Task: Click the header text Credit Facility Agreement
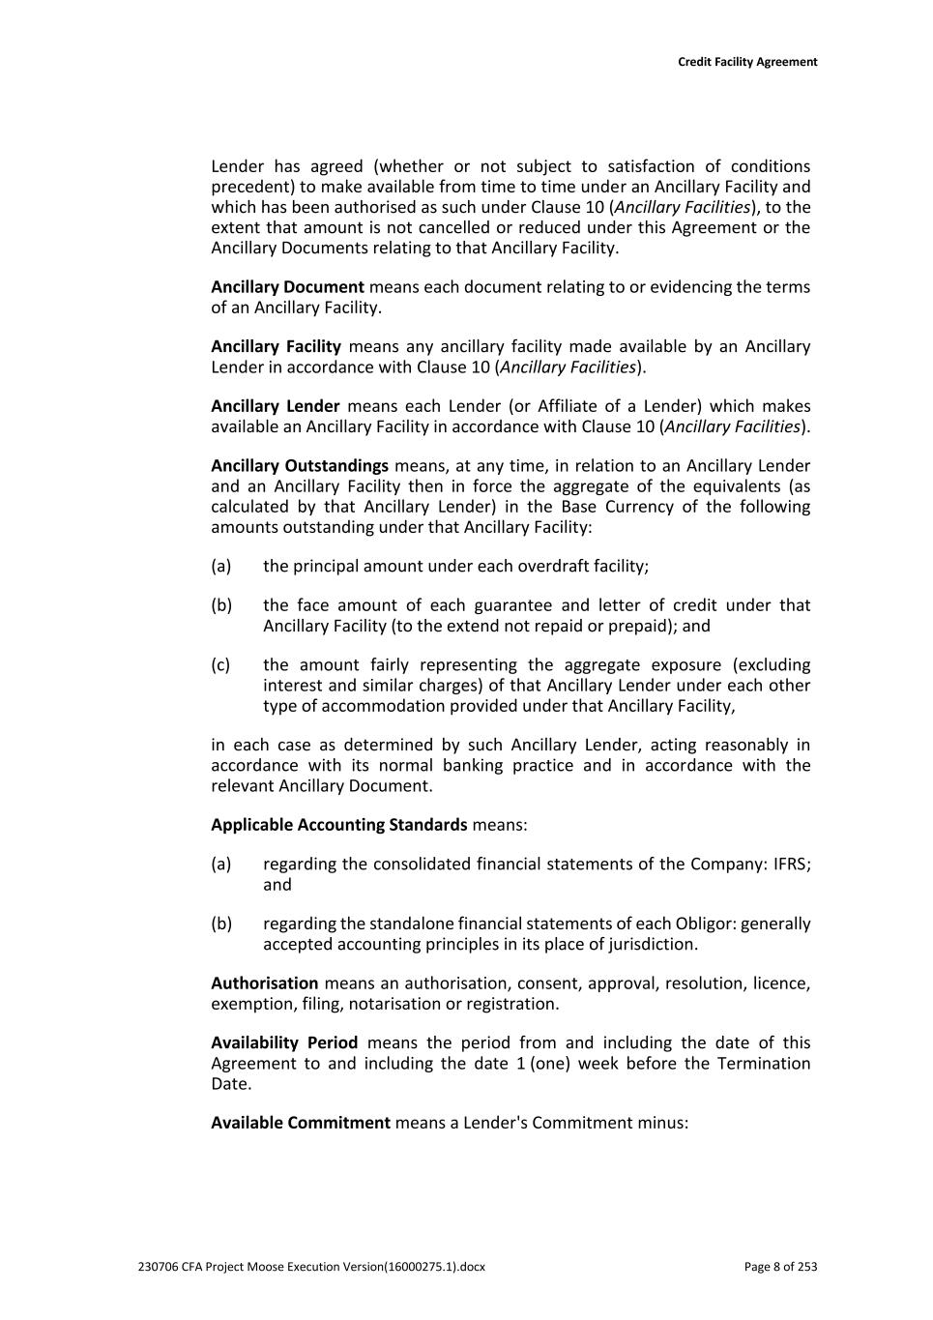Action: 746,62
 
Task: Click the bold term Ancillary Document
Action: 287,287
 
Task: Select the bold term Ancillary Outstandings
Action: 300,466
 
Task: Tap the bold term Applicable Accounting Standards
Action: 338,825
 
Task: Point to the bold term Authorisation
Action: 264,983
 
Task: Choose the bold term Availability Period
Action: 284,1043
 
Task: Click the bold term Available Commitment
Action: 301,1123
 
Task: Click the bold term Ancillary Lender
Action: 275,406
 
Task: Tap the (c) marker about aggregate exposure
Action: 220,665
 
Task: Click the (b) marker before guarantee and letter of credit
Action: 220,605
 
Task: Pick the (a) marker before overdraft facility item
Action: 220,567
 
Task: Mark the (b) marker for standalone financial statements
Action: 220,924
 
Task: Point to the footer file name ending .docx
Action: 311,1267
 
